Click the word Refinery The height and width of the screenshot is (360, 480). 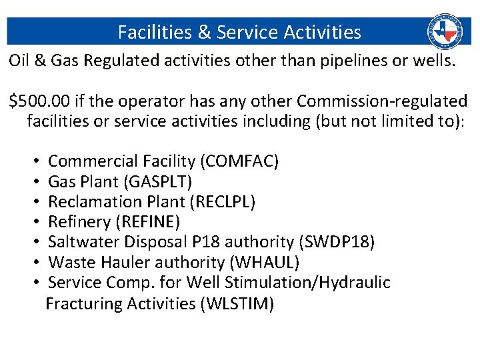tap(76, 221)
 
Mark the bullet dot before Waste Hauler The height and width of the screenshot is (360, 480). tap(35, 263)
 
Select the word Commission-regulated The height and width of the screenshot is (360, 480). tap(382, 101)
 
